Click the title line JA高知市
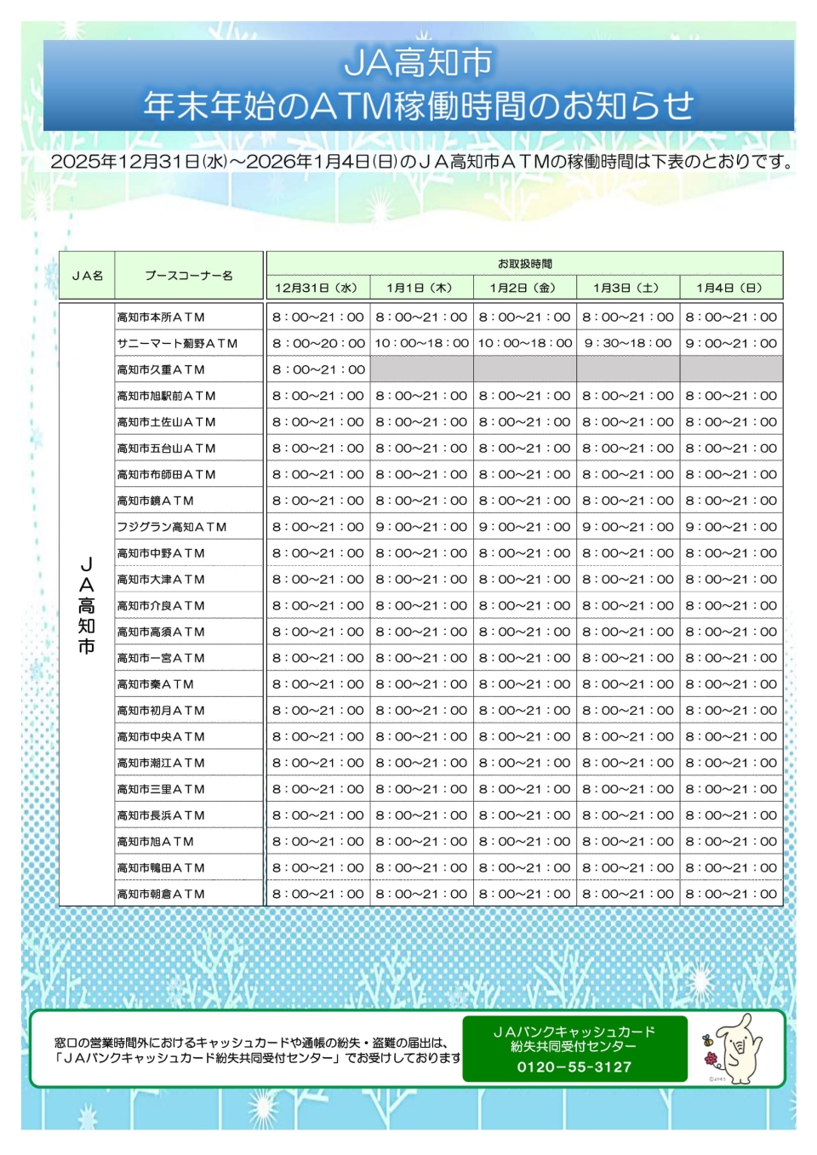tap(418, 63)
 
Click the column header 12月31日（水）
tap(317, 289)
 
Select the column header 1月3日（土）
tap(627, 289)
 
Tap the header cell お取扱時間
tap(524, 264)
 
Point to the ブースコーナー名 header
tap(188, 276)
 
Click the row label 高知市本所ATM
tap(161, 317)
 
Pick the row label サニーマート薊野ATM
tap(177, 344)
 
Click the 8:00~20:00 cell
tap(318, 344)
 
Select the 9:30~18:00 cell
tap(628, 344)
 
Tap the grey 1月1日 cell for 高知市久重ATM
tap(422, 369)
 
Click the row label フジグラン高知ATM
tap(172, 528)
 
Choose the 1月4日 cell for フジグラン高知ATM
tap(731, 528)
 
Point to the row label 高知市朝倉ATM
tap(161, 895)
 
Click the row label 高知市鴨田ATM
tap(161, 868)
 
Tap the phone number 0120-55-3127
tap(574, 1067)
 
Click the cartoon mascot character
tap(736, 1049)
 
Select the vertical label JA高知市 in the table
tap(86, 605)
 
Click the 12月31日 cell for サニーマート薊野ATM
tap(318, 344)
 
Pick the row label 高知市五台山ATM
tap(166, 449)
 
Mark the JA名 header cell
tap(87, 276)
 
